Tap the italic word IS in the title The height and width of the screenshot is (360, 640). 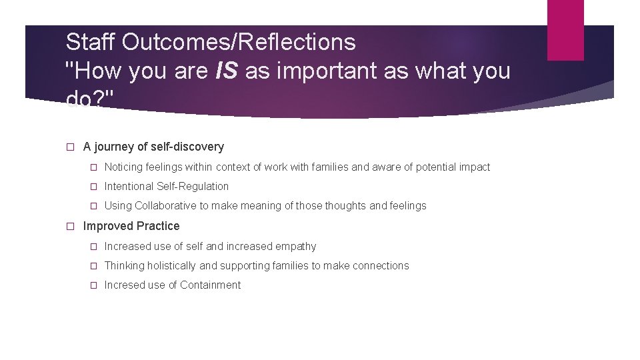(227, 71)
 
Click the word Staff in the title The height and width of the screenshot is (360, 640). (92, 43)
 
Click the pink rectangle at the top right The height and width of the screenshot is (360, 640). (565, 30)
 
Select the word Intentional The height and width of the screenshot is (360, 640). (129, 187)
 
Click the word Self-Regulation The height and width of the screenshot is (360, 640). (193, 187)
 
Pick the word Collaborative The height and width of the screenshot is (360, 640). (165, 206)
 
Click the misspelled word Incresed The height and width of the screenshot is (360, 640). (125, 285)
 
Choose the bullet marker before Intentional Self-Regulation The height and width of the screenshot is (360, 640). (94, 187)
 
